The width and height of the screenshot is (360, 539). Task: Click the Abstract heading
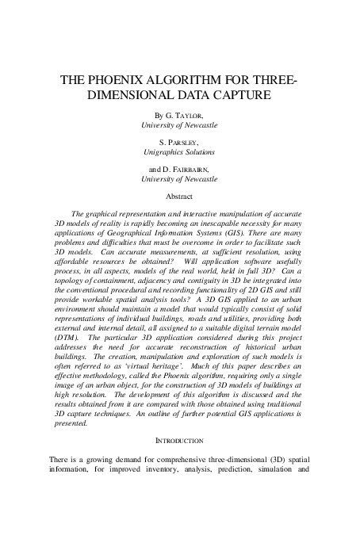(x=179, y=196)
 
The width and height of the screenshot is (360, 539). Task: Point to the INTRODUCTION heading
(x=179, y=440)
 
